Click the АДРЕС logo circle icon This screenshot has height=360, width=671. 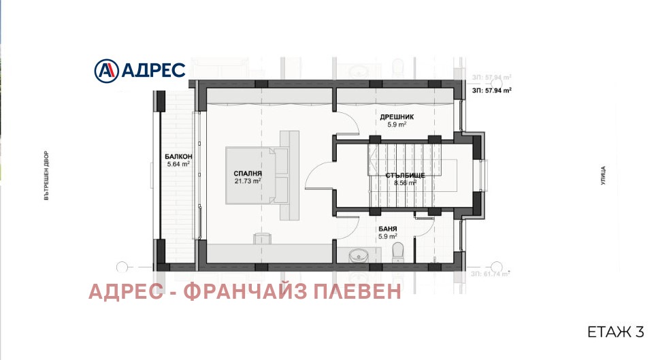[x=105, y=69]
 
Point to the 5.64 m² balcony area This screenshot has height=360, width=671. [x=178, y=163]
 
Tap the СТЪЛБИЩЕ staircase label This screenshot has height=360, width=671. [x=405, y=176]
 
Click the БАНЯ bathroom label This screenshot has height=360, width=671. [x=389, y=229]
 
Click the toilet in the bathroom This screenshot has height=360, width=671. [x=399, y=251]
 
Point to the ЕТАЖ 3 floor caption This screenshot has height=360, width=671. [x=615, y=332]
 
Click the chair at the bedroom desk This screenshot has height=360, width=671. [x=262, y=238]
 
